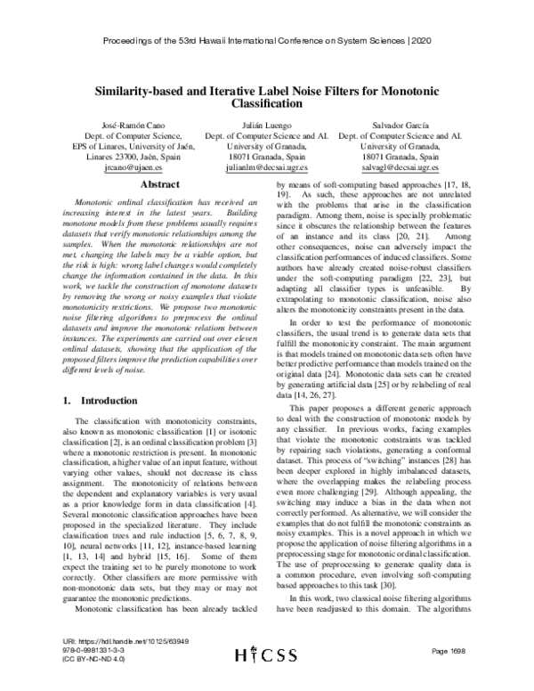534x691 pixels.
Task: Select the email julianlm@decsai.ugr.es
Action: click(x=266, y=167)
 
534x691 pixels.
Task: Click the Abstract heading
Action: click(x=142, y=185)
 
